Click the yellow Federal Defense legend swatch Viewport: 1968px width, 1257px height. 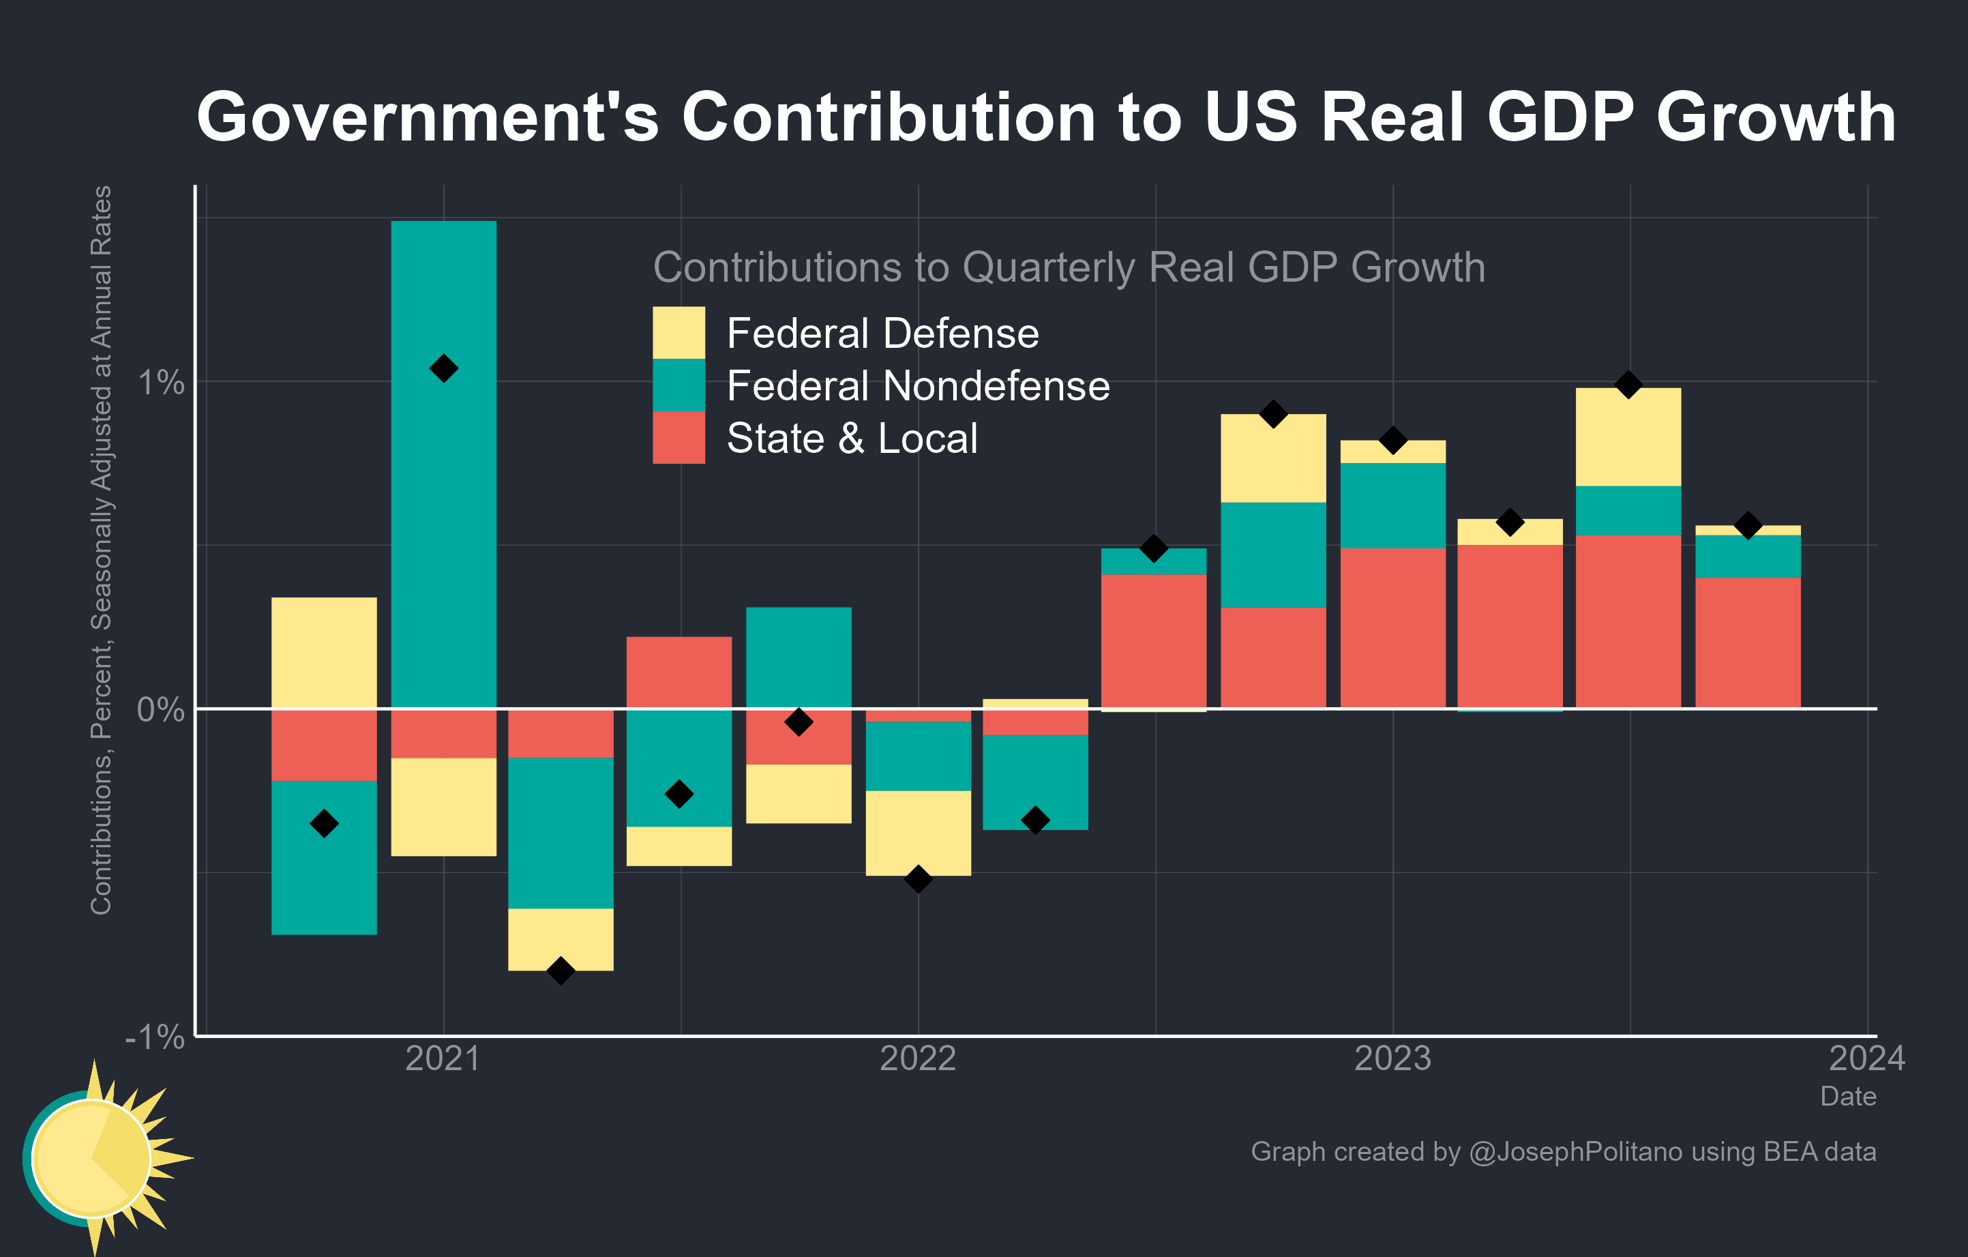(x=679, y=333)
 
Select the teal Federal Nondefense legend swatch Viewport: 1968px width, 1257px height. (x=679, y=385)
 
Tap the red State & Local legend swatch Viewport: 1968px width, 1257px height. (x=679, y=437)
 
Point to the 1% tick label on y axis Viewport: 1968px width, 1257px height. (x=161, y=383)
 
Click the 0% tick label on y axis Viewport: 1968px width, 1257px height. (x=161, y=709)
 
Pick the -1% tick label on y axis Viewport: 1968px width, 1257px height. (x=155, y=1037)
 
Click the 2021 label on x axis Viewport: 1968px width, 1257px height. (x=443, y=1059)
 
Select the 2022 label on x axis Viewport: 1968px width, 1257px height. (x=918, y=1059)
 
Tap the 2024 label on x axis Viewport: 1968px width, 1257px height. (x=1866, y=1059)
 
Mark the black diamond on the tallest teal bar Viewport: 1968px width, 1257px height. (x=443, y=368)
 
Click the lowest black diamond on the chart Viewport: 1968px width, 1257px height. (x=561, y=971)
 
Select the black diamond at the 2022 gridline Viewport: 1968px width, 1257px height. (x=918, y=879)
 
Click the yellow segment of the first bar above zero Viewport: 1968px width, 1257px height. (x=324, y=652)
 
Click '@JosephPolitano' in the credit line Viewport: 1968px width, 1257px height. (x=1575, y=1151)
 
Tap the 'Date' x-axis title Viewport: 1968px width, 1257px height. (x=1847, y=1096)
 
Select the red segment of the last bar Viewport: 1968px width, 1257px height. (x=1747, y=642)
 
